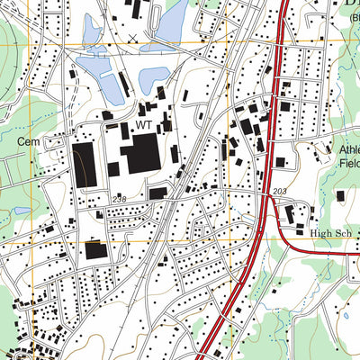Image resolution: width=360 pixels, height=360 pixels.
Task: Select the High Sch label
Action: (x=331, y=232)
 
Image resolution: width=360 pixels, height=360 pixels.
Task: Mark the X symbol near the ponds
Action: (x=133, y=37)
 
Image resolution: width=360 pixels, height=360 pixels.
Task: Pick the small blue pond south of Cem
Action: (x=22, y=211)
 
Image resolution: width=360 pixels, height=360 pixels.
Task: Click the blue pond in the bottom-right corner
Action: (x=344, y=317)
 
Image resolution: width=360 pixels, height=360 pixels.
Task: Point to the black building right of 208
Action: (x=157, y=193)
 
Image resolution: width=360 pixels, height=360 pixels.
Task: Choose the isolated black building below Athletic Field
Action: (x=340, y=195)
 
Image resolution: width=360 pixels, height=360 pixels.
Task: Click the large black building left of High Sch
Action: (x=290, y=214)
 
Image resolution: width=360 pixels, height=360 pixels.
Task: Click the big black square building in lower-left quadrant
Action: (x=94, y=250)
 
